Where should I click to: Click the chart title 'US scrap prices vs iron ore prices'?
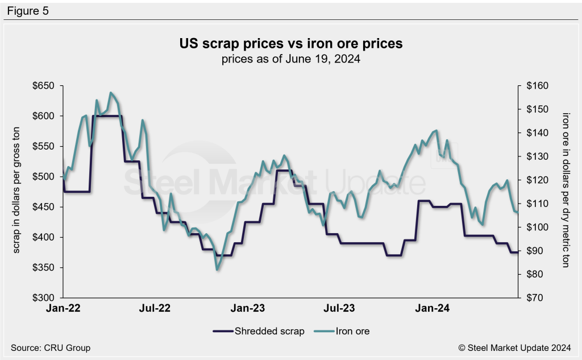point(290,44)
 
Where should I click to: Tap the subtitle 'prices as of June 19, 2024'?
point(290,59)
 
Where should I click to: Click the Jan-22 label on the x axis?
point(63,309)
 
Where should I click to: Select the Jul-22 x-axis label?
point(155,309)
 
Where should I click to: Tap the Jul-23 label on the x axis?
point(340,309)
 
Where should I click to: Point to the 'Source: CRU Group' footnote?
point(51,347)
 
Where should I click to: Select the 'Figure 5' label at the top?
point(28,11)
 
